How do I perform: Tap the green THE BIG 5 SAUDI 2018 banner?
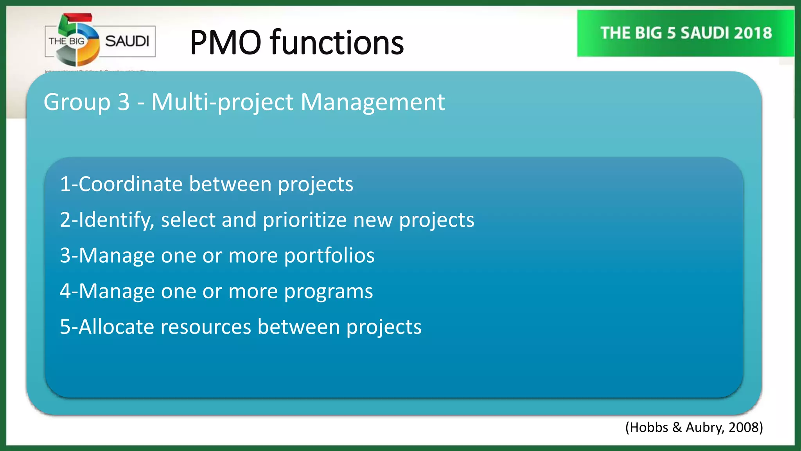point(686,33)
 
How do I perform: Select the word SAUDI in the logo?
point(127,41)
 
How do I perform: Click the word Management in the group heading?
point(373,103)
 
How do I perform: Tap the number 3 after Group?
point(124,103)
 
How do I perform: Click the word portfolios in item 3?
point(329,256)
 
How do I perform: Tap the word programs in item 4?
point(329,292)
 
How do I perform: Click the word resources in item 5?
point(206,327)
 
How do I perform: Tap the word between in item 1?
point(230,184)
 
